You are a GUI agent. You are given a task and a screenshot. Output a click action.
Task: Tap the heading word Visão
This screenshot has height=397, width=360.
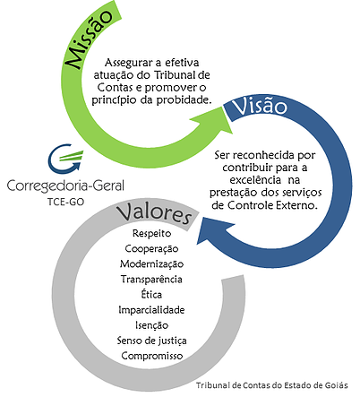pyautogui.click(x=260, y=106)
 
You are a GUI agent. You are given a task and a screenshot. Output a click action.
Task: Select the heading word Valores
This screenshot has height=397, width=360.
pyautogui.click(x=154, y=213)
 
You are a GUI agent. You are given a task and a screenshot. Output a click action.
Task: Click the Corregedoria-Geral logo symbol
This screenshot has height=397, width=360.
pyautogui.click(x=65, y=159)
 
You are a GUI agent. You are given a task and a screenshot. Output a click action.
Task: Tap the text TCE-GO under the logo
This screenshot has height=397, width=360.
pyautogui.click(x=65, y=203)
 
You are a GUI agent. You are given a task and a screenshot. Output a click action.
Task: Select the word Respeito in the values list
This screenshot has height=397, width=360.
pyautogui.click(x=151, y=233)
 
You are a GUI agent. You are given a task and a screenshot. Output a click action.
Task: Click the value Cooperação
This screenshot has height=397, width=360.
pyautogui.click(x=151, y=249)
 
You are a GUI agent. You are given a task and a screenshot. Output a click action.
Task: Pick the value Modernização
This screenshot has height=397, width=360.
pyautogui.click(x=151, y=264)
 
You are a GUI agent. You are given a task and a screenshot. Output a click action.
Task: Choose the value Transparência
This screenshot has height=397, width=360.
pyautogui.click(x=151, y=280)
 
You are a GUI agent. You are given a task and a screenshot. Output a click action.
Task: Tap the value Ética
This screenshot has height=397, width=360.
pyautogui.click(x=151, y=294)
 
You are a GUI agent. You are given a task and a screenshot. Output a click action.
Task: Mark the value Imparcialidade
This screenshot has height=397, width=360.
pyautogui.click(x=151, y=310)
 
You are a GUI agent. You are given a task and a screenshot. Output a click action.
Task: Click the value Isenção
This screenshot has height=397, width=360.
pyautogui.click(x=151, y=325)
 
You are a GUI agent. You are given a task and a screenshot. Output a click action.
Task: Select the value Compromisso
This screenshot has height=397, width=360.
pyautogui.click(x=151, y=356)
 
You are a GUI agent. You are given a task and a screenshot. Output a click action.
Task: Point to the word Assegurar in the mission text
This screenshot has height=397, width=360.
pyautogui.click(x=129, y=64)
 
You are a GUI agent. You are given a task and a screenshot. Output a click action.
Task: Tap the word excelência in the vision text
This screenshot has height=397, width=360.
pyautogui.click(x=255, y=180)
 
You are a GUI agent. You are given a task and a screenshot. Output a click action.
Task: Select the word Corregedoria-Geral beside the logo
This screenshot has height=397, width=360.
pyautogui.click(x=65, y=186)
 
